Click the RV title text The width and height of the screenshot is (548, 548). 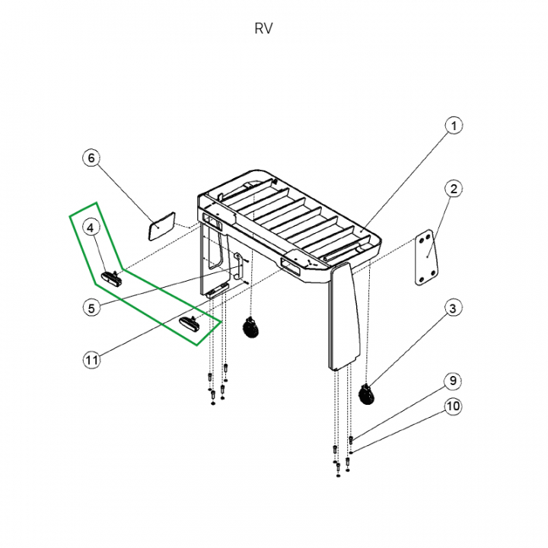coord(263,28)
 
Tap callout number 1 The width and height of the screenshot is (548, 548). coord(454,126)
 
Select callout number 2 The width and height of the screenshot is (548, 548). coord(454,189)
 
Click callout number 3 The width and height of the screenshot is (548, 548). coord(453,308)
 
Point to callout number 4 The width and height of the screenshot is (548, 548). coord(91,228)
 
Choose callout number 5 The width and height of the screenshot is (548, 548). coord(91,308)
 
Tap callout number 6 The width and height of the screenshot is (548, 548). coord(91,158)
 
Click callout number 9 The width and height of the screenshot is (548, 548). coord(453,381)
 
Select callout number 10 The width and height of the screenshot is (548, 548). coord(453,406)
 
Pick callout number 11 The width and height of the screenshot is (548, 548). coord(92,359)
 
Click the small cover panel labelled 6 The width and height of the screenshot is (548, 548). coord(161,226)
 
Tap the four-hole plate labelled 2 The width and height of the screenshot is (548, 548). coord(426,257)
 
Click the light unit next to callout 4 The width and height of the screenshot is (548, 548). coord(111,277)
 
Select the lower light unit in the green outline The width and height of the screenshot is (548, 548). coord(190,322)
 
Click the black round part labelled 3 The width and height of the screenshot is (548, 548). coord(367,394)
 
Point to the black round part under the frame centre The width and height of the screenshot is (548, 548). coord(250,327)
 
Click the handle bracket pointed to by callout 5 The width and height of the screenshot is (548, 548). coord(238,266)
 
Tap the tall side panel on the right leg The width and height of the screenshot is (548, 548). coord(344,317)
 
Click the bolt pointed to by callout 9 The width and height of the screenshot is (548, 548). coord(351,440)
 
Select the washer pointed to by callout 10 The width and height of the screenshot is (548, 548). coord(351,453)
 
